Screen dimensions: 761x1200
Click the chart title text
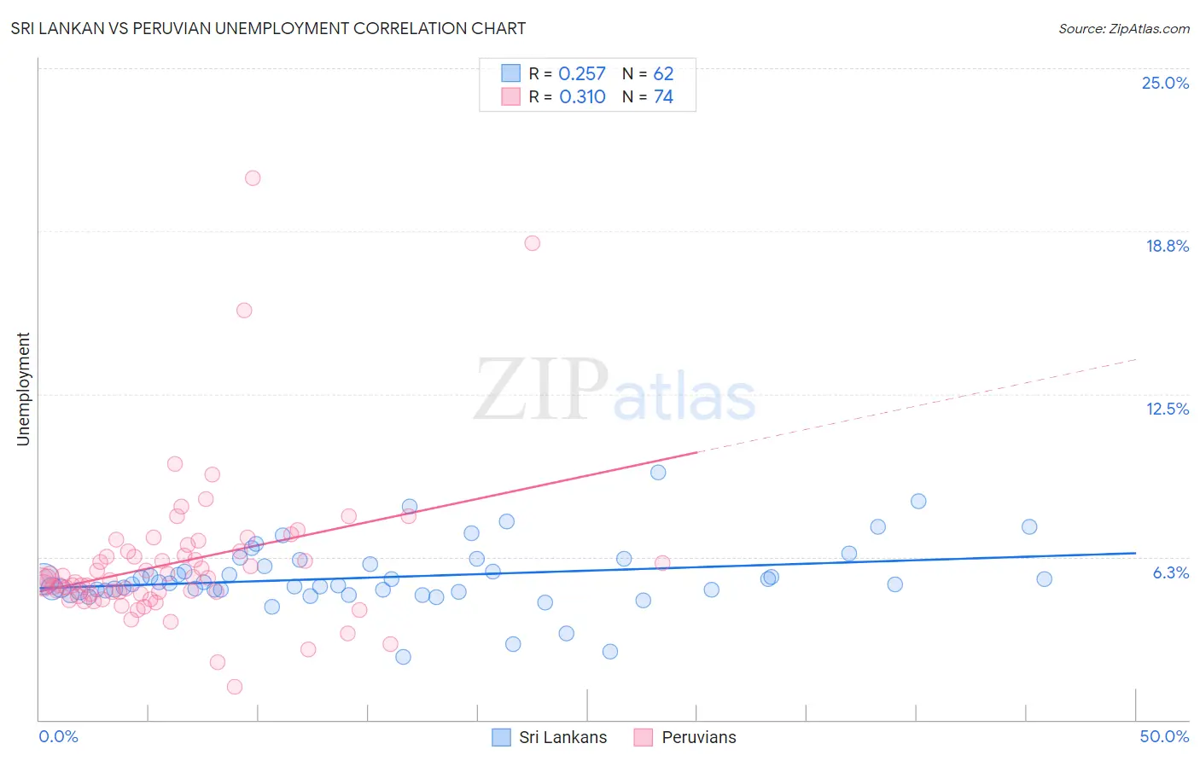tap(268, 29)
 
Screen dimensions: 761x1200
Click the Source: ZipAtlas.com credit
tap(1123, 29)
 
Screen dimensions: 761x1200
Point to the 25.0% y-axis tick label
tap(1165, 83)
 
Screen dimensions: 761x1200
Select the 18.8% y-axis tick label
tap(1167, 246)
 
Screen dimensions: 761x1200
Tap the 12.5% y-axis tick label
tap(1167, 409)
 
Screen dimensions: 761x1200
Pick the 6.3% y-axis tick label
tap(1170, 572)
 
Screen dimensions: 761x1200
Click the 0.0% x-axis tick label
tap(59, 736)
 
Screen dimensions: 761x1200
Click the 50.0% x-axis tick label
tap(1164, 736)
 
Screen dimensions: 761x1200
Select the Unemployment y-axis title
tap(23, 389)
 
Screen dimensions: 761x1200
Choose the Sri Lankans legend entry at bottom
tap(550, 737)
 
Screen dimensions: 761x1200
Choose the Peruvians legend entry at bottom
tap(685, 737)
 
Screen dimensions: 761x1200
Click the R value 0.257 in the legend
tap(582, 74)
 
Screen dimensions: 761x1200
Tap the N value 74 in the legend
tap(663, 97)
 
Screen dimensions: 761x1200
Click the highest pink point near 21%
tap(253, 178)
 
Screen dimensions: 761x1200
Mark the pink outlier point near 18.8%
tap(533, 243)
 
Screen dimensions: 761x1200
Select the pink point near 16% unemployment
tap(244, 311)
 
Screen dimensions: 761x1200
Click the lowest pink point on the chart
tap(235, 687)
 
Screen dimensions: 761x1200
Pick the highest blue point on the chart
tap(658, 473)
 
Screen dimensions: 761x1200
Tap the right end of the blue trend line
tap(1135, 553)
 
